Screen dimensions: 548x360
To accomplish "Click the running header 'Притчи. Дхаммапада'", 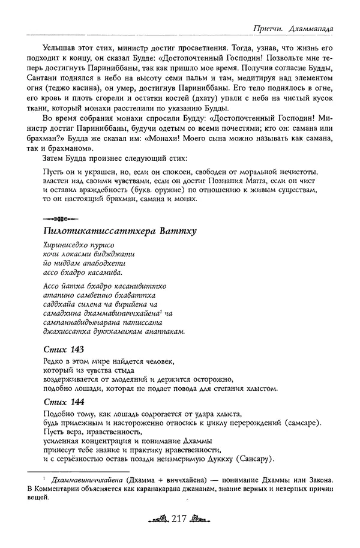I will tap(292, 28).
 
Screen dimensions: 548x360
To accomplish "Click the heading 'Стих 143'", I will tap(63, 349).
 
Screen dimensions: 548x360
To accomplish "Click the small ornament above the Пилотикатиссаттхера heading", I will tap(57, 217).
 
